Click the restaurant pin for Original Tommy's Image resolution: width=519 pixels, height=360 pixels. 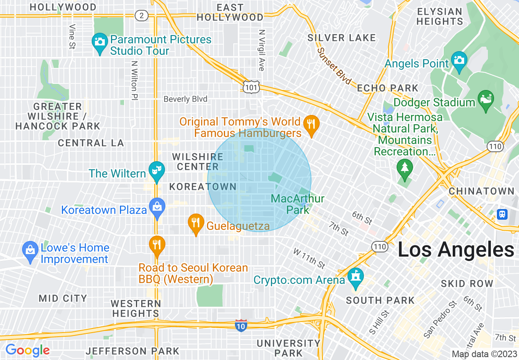coord(311,124)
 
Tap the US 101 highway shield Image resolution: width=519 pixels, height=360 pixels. coord(250,87)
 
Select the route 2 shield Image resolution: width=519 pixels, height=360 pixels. coord(142,16)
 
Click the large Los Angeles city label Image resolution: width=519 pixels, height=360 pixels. coord(456,250)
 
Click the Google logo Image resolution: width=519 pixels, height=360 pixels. coord(28,350)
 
